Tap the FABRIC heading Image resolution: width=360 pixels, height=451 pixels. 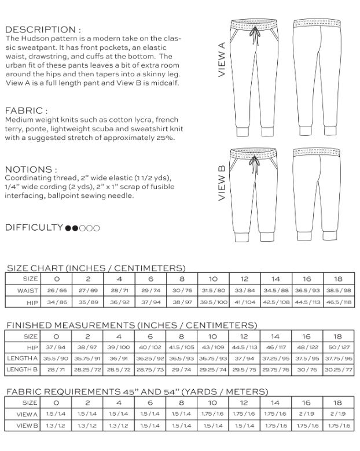[x=26, y=110]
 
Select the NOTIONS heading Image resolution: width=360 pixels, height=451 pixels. [x=31, y=169]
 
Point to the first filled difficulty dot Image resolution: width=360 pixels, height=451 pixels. [x=68, y=228]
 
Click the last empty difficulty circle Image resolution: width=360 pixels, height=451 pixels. [x=96, y=228]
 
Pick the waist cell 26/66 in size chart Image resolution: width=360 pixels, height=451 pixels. [x=56, y=290]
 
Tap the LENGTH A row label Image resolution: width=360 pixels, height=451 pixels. [x=23, y=358]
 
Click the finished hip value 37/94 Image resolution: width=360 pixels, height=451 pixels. [x=56, y=347]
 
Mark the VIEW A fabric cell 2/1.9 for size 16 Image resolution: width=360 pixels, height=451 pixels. [x=306, y=415]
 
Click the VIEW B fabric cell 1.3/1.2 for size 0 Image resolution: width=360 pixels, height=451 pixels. [x=56, y=426]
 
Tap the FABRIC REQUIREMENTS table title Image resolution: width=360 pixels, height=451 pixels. [x=137, y=392]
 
